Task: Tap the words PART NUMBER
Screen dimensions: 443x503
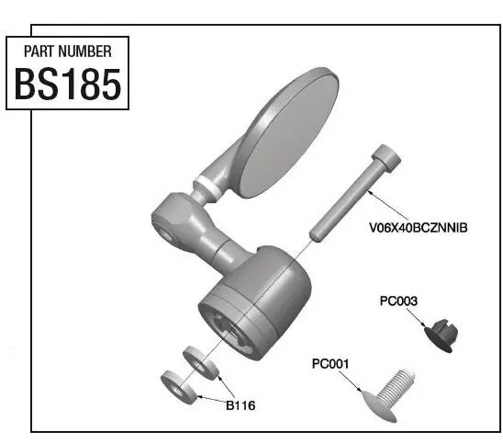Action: coord(67,51)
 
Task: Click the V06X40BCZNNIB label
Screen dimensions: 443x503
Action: coord(418,226)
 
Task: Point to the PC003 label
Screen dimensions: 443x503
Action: coord(399,301)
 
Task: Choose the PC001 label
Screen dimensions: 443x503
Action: coord(330,364)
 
